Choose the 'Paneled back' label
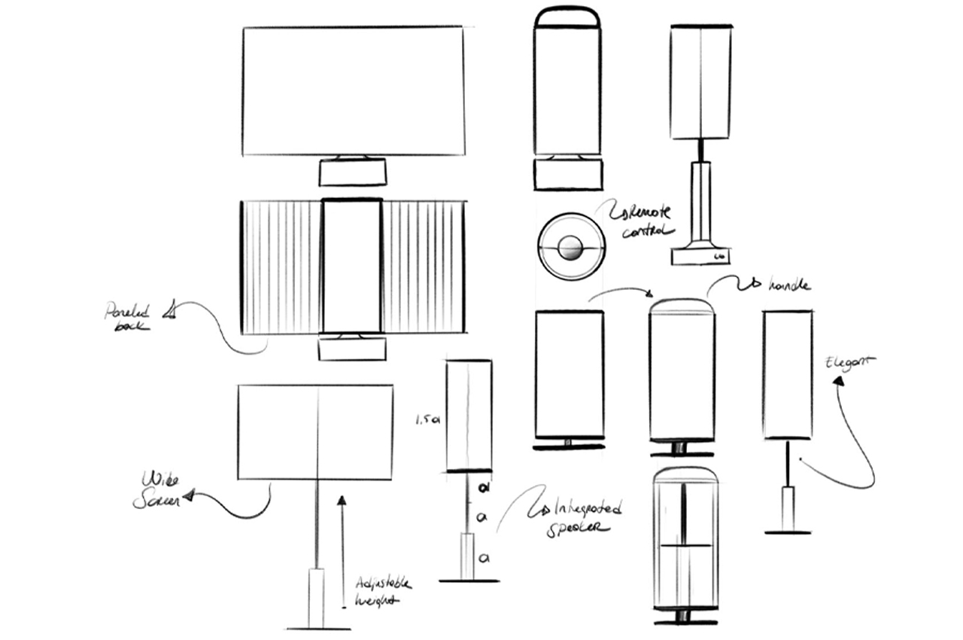[x=128, y=317]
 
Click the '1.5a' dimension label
[x=426, y=422]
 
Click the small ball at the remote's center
[x=571, y=246]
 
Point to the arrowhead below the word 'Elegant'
[x=837, y=382]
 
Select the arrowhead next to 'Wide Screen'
[x=188, y=496]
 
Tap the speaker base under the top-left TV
[x=353, y=172]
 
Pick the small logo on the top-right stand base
[x=718, y=257]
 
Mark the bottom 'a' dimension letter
[x=485, y=558]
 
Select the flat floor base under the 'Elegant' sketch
[x=788, y=532]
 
